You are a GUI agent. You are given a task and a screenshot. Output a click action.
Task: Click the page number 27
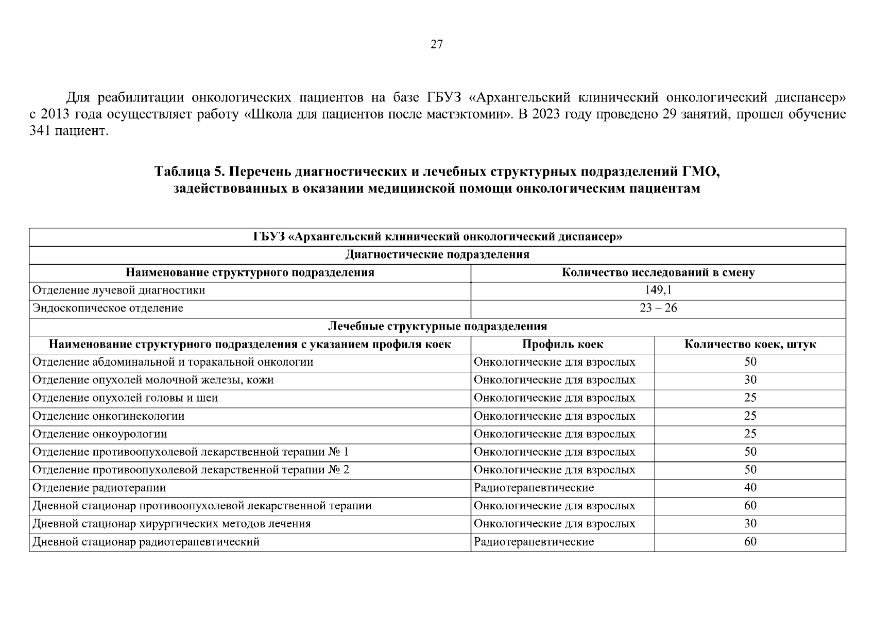point(436,44)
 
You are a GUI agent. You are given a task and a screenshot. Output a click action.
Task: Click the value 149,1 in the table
point(658,290)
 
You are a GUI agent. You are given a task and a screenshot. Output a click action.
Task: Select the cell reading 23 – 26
point(658,308)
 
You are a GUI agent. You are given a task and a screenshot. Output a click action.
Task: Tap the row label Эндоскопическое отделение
point(108,308)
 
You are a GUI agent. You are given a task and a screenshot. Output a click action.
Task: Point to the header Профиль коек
point(562,344)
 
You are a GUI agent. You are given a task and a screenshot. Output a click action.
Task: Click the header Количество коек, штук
point(750,344)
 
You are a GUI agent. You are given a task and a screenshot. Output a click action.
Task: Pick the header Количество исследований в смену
point(658,272)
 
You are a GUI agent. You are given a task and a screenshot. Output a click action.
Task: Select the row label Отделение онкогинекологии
point(108,416)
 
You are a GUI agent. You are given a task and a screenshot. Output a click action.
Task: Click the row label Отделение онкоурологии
point(99,434)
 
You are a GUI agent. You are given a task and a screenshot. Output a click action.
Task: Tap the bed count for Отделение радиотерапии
point(750,487)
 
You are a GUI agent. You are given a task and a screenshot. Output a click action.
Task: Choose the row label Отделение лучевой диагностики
point(118,290)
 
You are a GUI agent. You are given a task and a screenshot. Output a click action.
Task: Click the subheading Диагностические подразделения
point(437,254)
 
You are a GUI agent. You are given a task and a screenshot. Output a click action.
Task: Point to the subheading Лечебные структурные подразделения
point(437,326)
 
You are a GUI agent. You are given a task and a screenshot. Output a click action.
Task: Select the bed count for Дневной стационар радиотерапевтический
point(750,541)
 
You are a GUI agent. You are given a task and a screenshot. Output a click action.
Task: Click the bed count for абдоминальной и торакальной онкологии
point(750,362)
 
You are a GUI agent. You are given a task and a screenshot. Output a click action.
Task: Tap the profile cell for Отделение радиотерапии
point(534,487)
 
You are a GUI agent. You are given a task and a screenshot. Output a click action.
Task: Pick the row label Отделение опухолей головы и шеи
point(125,398)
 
